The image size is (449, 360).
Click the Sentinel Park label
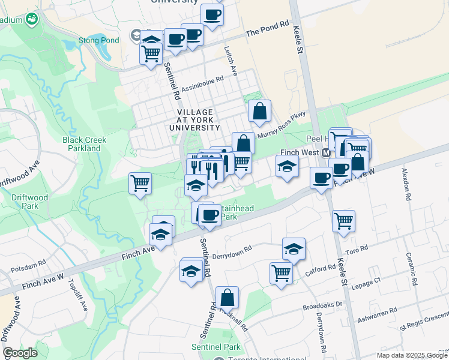(x=215, y=347)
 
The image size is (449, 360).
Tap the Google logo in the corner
(x=20, y=353)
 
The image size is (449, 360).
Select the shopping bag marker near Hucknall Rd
(x=228, y=297)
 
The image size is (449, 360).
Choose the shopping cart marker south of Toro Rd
(x=281, y=273)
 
